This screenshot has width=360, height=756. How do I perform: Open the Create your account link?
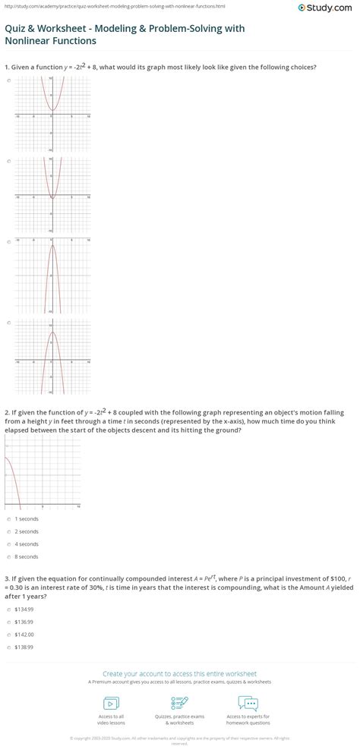pyautogui.click(x=179, y=673)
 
